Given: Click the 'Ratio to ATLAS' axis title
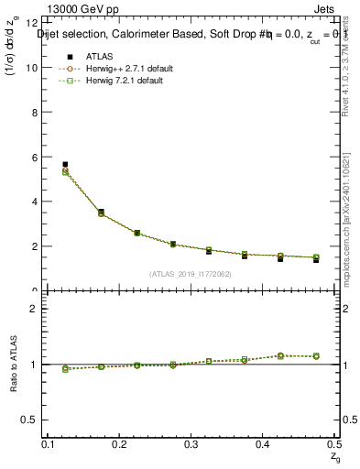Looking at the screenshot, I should click(x=13, y=362).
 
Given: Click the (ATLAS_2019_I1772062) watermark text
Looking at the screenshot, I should click(x=190, y=275).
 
